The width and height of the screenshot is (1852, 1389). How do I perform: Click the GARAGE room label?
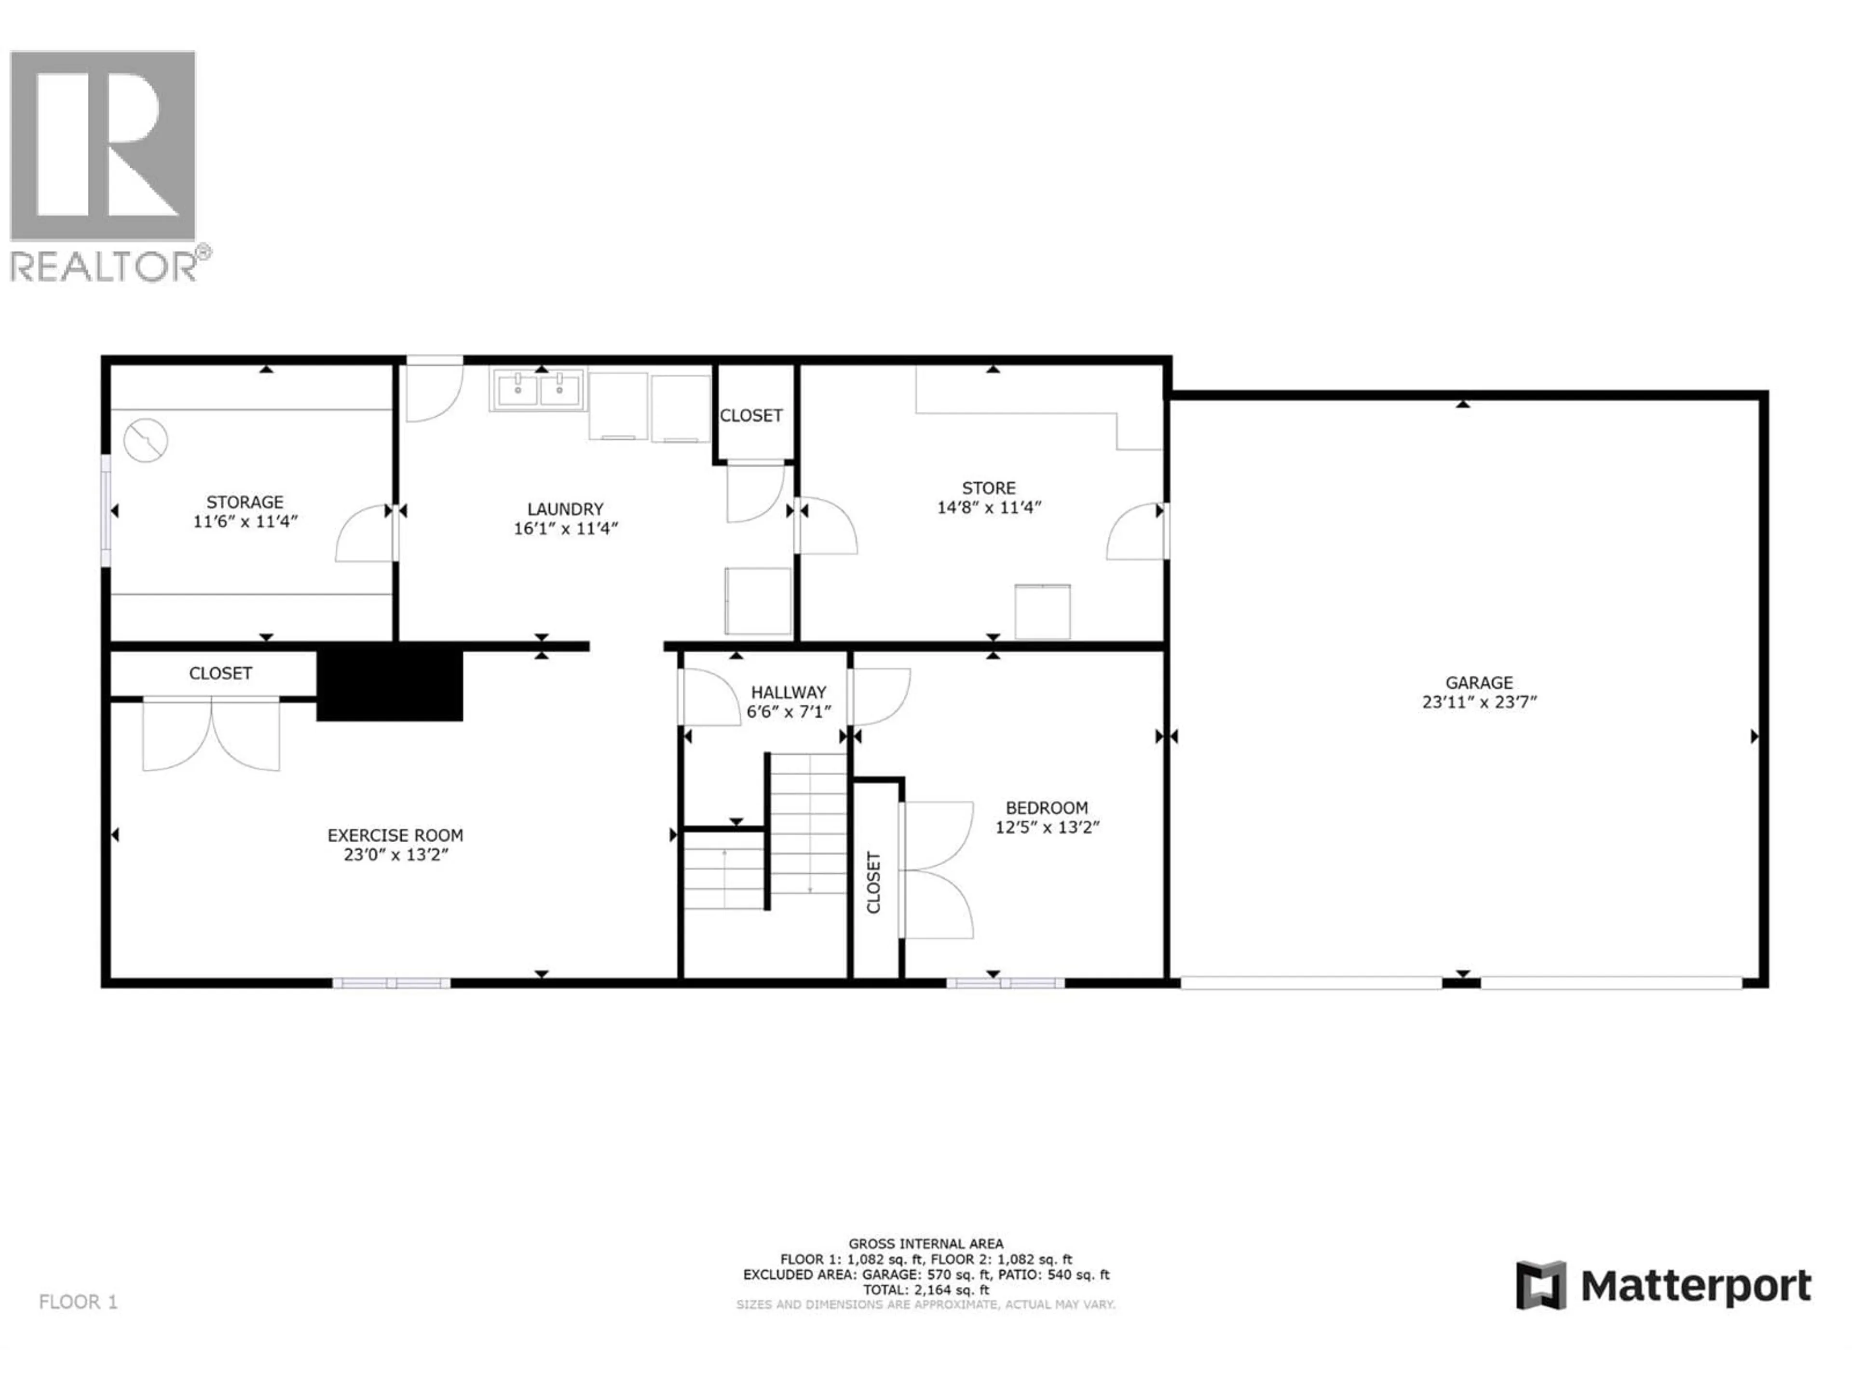coord(1479,682)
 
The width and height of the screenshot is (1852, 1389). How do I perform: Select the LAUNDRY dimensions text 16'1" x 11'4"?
coord(566,528)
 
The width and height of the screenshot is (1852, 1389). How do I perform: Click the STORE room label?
coord(989,487)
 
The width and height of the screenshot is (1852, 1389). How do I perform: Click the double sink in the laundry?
coord(538,389)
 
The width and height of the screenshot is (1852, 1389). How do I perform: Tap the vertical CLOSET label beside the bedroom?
coord(873,883)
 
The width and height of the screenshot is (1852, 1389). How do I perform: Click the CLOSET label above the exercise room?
coord(220,673)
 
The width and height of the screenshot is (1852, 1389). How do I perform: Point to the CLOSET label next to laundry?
coord(751,415)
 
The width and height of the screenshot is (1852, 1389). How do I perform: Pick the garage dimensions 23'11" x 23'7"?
coord(1479,702)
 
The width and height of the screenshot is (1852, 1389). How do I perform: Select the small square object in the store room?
coord(1042,611)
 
